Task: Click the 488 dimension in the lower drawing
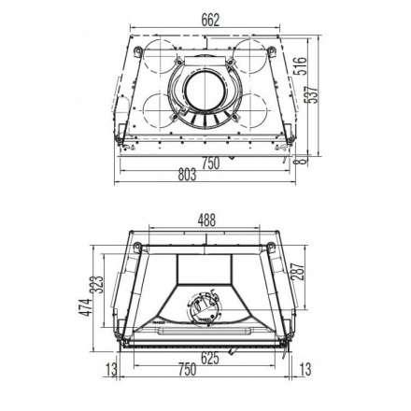[206, 221]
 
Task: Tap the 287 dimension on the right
[297, 274]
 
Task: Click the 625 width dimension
[210, 358]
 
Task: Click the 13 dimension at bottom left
[108, 370]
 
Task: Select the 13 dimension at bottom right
[307, 370]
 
